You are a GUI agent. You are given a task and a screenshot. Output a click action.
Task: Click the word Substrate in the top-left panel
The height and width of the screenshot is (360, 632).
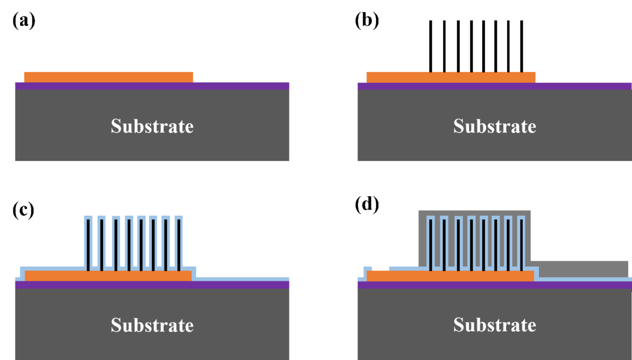[152, 126]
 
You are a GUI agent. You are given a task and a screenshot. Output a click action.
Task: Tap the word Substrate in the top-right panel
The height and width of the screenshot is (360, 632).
[495, 126]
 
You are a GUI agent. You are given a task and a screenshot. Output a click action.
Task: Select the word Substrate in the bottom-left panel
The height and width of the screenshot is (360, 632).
[152, 325]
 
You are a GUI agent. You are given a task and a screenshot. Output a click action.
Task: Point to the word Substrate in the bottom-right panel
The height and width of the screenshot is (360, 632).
[495, 325]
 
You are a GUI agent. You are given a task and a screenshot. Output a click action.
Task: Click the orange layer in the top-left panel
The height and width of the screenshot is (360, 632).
[109, 77]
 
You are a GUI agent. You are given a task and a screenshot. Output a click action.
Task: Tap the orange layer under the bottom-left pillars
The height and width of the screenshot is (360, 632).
[108, 276]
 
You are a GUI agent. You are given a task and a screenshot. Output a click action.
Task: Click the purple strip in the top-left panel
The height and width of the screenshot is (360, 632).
[152, 86]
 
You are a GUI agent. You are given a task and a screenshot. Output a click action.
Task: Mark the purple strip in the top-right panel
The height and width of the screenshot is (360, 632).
[495, 86]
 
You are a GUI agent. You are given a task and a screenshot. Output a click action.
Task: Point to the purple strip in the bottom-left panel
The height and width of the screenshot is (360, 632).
[152, 285]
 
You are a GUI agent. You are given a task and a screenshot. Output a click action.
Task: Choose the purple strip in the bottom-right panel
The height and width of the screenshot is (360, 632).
[495, 285]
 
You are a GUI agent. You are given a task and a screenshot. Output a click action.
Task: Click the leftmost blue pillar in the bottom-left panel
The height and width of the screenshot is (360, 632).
[88, 241]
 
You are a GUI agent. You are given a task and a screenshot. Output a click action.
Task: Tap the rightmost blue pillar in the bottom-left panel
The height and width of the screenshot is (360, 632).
[179, 241]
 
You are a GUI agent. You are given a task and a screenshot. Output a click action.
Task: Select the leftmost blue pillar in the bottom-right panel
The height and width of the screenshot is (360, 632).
[430, 241]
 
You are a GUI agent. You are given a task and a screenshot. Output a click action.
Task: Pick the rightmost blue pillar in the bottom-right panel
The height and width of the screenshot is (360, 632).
[521, 241]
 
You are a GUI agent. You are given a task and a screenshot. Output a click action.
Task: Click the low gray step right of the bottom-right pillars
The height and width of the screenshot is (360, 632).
[579, 268]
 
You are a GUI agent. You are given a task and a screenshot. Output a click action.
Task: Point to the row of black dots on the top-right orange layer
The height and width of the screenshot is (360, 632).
[477, 72]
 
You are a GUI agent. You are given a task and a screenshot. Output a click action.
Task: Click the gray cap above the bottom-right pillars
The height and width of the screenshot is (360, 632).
[474, 213]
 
